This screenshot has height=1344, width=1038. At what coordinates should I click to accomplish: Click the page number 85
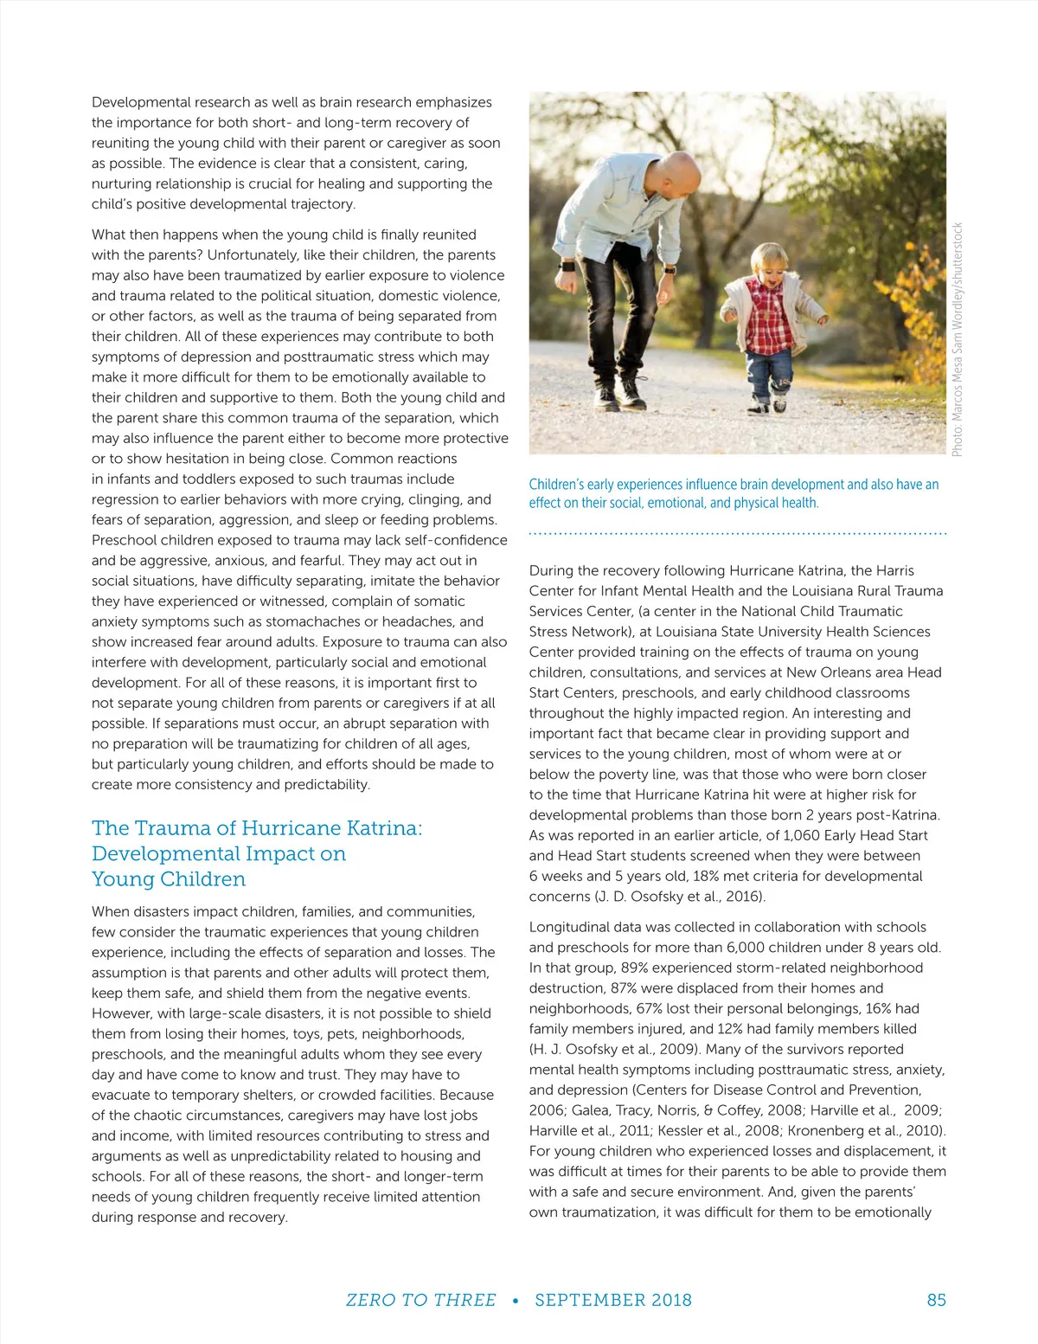(x=936, y=1300)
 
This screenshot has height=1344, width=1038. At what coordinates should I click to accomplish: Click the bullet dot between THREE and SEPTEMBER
(x=516, y=1301)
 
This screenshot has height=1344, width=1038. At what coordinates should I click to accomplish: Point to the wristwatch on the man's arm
(x=567, y=267)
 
